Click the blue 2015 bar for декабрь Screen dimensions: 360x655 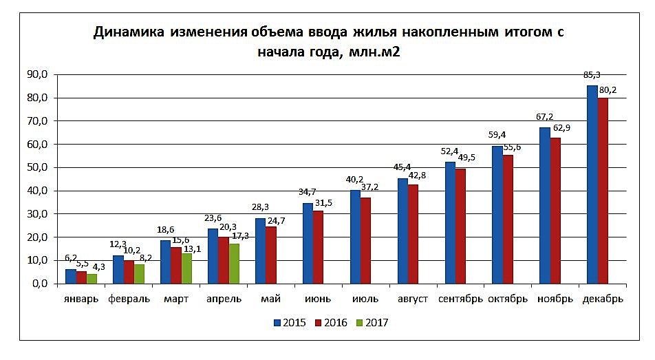[592, 184]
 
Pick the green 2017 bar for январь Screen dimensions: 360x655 [92, 278]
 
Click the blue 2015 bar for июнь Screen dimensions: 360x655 [308, 243]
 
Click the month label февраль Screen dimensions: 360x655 [129, 299]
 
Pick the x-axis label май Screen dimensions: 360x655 [270, 299]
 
